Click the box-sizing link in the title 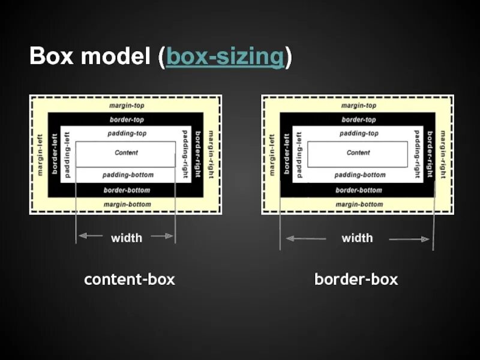225,58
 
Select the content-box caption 129,279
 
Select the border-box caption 356,279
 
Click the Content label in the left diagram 126,153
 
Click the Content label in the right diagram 358,153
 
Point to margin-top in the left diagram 126,105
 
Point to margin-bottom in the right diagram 358,205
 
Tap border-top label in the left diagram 126,120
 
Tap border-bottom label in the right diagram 358,190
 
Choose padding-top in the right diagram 358,134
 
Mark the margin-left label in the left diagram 40,154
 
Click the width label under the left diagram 127,238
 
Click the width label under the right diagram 357,238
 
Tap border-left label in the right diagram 287,154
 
